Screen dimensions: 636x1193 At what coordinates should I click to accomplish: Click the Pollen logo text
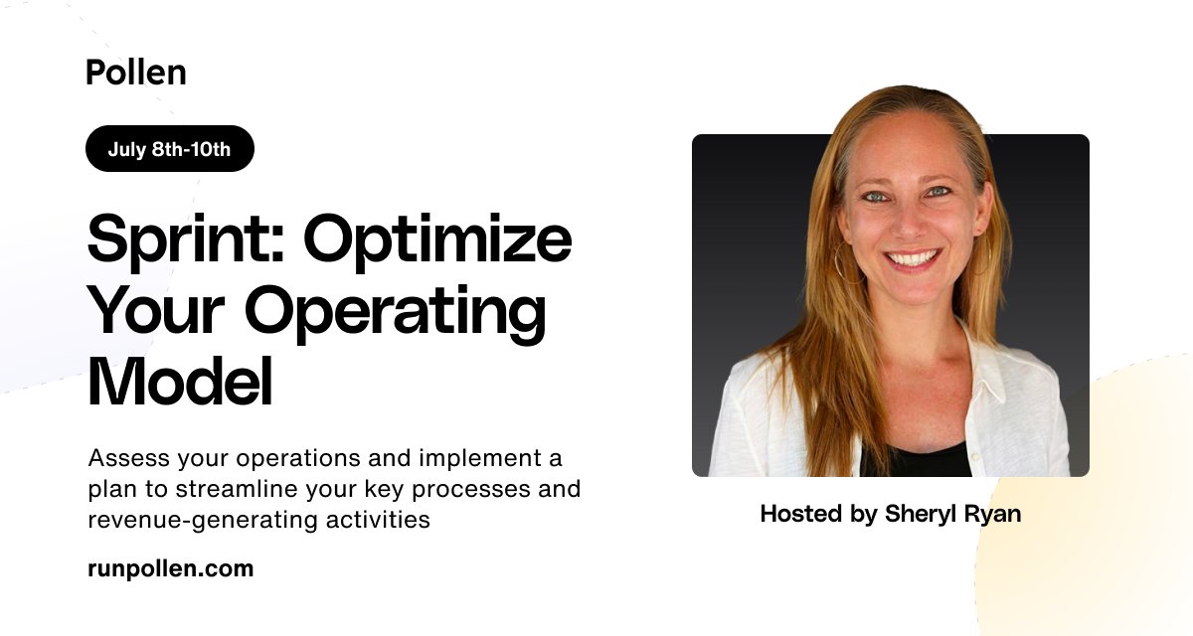(135, 73)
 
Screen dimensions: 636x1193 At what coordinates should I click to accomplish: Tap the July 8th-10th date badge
(169, 149)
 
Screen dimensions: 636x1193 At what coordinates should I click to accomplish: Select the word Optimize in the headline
(437, 238)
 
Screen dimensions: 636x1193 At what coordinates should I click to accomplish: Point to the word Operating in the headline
(396, 313)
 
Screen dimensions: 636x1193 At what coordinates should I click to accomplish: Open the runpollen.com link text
(170, 569)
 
